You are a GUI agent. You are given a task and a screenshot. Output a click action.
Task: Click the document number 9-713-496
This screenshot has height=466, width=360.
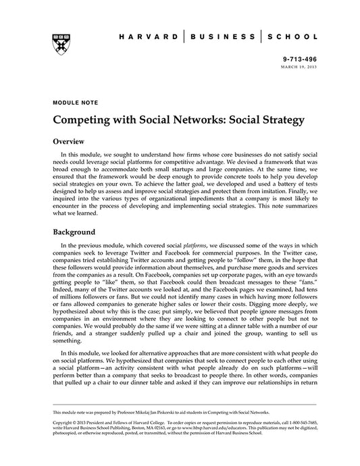click(301, 59)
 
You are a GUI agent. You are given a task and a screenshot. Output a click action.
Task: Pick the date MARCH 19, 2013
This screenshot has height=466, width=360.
click(301, 67)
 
